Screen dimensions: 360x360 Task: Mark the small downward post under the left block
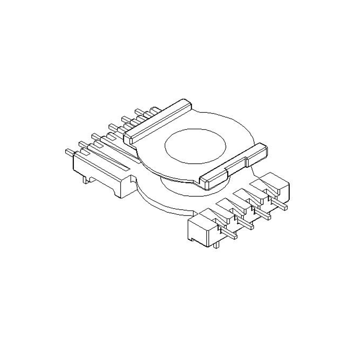click(x=85, y=180)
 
